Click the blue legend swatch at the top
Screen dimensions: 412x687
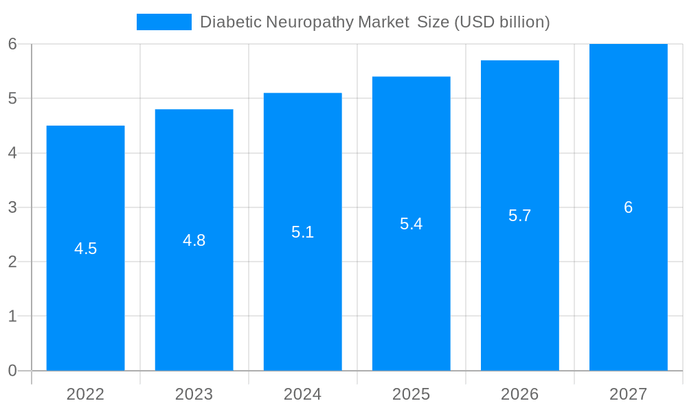click(164, 22)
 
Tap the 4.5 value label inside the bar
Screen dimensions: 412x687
click(86, 249)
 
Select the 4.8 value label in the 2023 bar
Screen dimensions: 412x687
click(194, 240)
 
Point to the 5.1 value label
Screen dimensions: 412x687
click(303, 232)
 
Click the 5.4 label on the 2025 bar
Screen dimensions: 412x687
click(412, 224)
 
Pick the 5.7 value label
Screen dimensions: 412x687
click(520, 216)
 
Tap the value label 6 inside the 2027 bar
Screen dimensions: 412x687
click(629, 207)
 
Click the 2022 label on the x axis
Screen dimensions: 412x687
click(86, 394)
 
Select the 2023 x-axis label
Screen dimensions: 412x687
click(194, 394)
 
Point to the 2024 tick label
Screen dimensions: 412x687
click(303, 394)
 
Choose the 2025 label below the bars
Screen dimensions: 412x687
click(412, 394)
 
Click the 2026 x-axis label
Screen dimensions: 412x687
click(520, 394)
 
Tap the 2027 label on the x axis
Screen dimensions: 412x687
click(629, 394)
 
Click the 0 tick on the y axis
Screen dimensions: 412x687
click(12, 371)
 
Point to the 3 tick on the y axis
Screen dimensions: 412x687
click(12, 207)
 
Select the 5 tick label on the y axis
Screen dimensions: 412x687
click(12, 98)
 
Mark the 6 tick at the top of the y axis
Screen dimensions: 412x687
click(12, 44)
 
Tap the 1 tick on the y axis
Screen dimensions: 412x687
click(12, 317)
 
